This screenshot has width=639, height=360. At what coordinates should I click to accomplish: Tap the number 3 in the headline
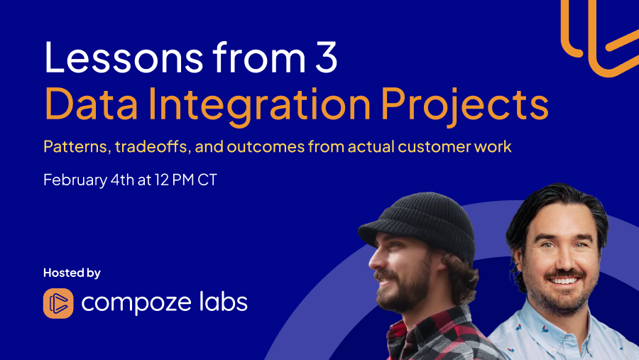tap(324, 59)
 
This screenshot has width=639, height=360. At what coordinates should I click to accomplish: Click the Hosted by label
tap(72, 273)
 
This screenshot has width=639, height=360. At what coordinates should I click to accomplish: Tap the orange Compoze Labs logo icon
tap(58, 303)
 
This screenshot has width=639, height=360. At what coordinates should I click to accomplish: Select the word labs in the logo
tap(223, 302)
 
